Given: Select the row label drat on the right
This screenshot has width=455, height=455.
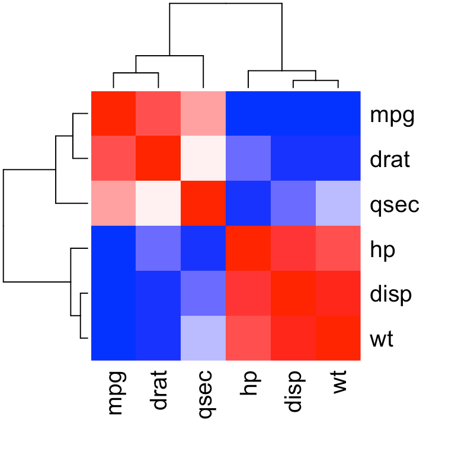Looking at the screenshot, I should point(390,159).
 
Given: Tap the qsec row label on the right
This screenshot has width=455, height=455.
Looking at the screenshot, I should point(395,205).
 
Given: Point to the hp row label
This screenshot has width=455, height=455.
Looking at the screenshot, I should point(382,250).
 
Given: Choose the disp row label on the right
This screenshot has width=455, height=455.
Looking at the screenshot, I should point(390,294).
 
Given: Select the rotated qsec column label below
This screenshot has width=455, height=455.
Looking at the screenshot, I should point(204,395).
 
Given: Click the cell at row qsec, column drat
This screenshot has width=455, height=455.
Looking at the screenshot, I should point(158,204).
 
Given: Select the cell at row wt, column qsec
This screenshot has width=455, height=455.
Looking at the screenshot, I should point(203,338).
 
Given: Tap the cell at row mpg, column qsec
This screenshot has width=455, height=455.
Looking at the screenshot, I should point(203,114).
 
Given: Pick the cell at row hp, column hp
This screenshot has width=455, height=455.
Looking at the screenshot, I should point(248,248).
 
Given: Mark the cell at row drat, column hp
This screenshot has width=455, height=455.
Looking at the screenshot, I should point(248,159).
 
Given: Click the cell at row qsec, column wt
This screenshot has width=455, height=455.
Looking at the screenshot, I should point(338,204).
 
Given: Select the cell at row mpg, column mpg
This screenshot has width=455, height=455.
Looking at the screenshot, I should point(114,114).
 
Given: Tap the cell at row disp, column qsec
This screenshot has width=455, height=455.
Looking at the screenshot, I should point(203,293).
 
